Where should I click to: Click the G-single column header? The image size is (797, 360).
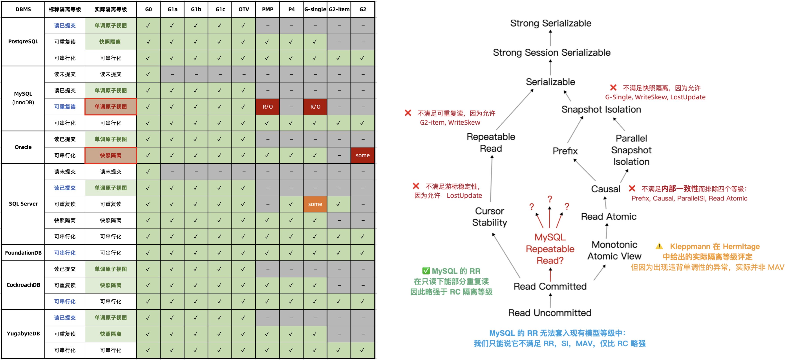coord(315,9)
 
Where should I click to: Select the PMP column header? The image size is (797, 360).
coord(268,9)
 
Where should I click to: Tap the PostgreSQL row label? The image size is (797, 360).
coord(23,42)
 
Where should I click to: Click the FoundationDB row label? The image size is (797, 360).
coord(23,253)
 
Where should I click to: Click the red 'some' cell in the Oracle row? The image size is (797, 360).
coord(363,155)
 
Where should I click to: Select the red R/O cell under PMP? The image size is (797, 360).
coord(268,107)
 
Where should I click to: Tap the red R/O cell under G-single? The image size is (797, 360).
coord(315,107)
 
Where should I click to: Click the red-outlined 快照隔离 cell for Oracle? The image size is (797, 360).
coord(110,155)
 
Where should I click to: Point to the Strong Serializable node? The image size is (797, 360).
coord(550,23)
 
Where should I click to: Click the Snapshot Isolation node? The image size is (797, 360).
coord(601,109)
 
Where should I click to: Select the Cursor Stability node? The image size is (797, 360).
coord(490,217)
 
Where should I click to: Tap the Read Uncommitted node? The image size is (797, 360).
coord(550,313)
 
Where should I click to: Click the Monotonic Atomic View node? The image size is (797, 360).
coord(614,250)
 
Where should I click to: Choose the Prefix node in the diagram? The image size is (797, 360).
coord(565,151)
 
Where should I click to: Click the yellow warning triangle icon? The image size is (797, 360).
coord(659,246)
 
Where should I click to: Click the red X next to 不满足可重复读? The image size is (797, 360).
coord(408,113)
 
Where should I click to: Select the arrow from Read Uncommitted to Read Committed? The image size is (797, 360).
coord(550,300)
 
